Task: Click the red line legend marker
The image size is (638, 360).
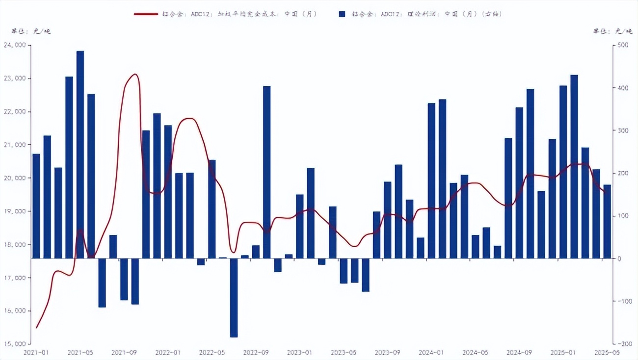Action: coord(146,14)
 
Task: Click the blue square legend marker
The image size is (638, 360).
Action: coord(342,14)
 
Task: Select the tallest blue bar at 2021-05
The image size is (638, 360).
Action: coord(80,154)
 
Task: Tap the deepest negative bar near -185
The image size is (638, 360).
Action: coord(234,297)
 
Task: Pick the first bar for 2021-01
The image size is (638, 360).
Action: coord(36,206)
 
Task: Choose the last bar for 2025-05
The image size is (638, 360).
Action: coord(607,221)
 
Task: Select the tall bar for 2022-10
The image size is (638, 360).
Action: coord(266,172)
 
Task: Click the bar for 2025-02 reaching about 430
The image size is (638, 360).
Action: coord(574,166)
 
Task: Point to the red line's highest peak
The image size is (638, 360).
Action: coord(135,75)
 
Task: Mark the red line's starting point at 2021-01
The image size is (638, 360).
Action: coord(36,328)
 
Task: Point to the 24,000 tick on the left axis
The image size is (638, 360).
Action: coord(17,45)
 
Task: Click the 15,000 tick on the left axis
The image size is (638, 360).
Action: coord(17,344)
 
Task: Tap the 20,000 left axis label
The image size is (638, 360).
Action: coord(17,178)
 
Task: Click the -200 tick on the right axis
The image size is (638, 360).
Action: coord(623,344)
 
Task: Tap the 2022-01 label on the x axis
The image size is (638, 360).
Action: coord(168,353)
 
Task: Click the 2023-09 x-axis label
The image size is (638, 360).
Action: coord(387,353)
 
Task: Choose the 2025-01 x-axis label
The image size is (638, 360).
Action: coord(563,353)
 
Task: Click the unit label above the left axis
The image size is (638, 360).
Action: coord(31,31)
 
